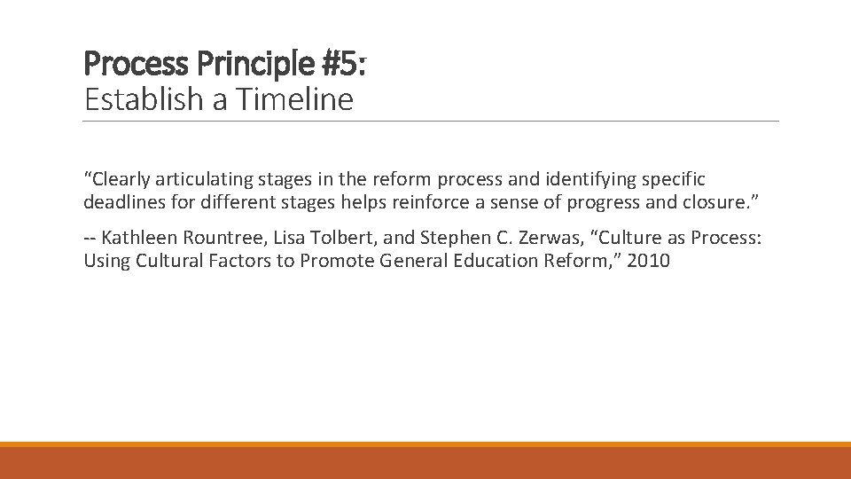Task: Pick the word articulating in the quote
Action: click(x=210, y=179)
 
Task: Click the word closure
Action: click(x=717, y=202)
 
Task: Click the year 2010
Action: click(x=649, y=261)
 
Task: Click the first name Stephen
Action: click(x=448, y=238)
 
